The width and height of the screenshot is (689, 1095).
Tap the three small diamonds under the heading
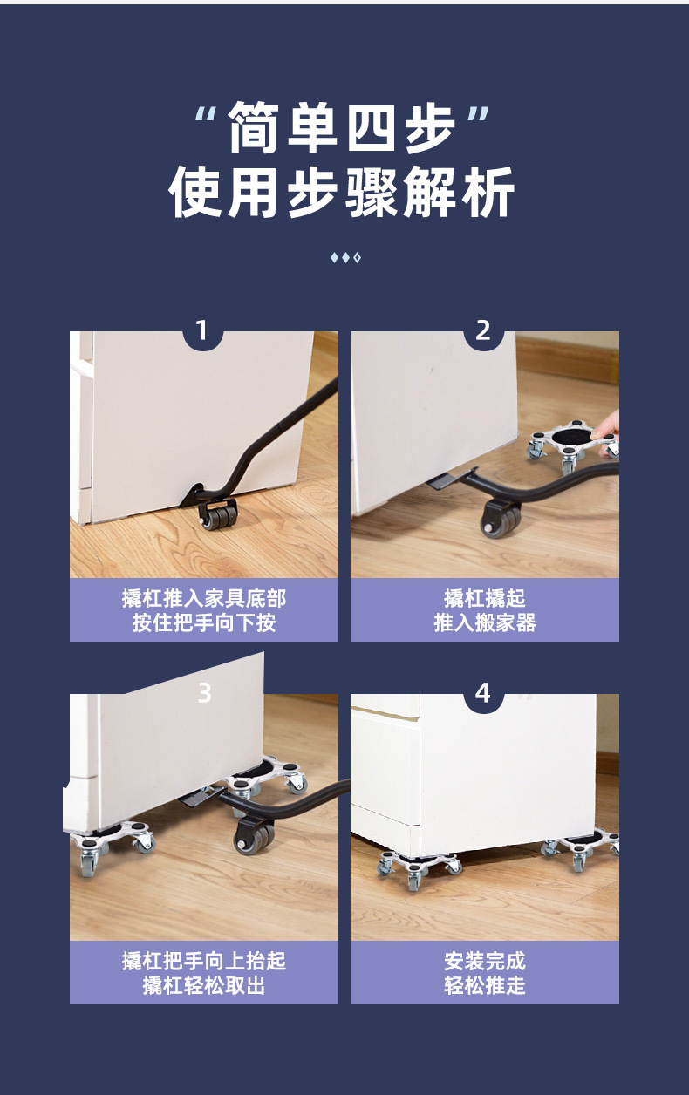[x=344, y=258]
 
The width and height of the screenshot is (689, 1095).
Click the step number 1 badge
[x=202, y=331]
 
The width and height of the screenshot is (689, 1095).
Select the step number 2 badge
[x=483, y=331]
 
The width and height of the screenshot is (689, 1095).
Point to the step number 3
[x=204, y=693]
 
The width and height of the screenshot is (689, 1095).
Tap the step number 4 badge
[x=483, y=694]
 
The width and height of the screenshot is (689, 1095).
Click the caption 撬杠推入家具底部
[x=204, y=598]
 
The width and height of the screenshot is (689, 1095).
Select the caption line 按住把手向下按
[x=204, y=622]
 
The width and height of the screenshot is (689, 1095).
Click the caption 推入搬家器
[x=485, y=622]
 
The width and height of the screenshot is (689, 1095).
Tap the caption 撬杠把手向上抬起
[x=204, y=961]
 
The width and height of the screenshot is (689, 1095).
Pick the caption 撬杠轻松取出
[x=204, y=985]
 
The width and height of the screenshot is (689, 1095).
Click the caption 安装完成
[x=485, y=961]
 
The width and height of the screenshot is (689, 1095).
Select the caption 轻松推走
[x=485, y=985]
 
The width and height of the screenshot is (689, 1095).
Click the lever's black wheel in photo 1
[x=219, y=517]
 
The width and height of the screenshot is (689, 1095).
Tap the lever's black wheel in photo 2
[x=501, y=520]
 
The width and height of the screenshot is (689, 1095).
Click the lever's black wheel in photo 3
[x=254, y=837]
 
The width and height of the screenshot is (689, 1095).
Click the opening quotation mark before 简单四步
[x=206, y=115]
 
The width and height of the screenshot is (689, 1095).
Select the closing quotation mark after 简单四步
[x=478, y=115]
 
